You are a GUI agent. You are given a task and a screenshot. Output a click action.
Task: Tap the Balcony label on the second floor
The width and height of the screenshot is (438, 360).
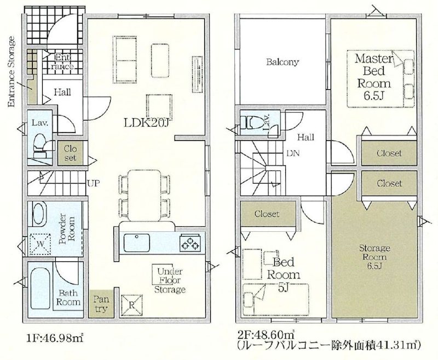tap(283, 62)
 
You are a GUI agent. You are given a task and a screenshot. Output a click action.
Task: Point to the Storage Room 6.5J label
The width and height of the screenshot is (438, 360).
tap(374, 257)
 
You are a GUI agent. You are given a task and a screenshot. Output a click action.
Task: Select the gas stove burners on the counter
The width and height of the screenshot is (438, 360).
tap(190, 242)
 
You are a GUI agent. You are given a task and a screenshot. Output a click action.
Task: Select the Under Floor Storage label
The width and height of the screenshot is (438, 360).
tap(170, 280)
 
